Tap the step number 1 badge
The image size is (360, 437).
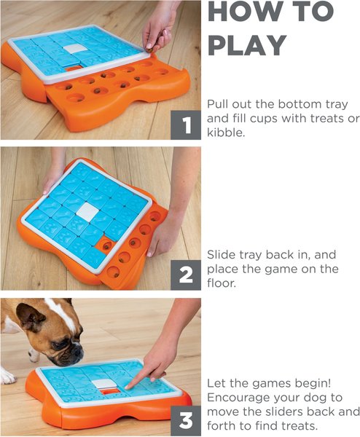click(187, 125)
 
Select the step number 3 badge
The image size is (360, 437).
click(187, 420)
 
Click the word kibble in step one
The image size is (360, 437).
click(227, 133)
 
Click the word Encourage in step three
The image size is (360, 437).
click(240, 397)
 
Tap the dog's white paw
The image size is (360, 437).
click(7, 376)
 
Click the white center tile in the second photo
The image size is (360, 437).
click(87, 211)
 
